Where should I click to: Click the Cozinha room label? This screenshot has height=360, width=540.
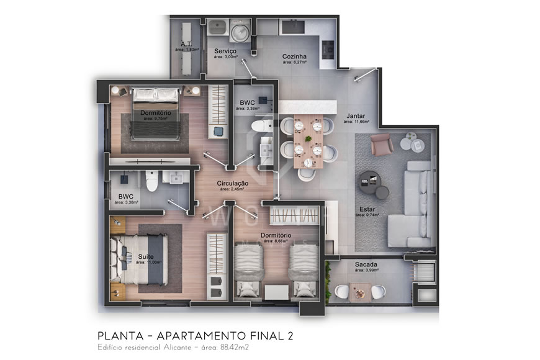pos(295,55)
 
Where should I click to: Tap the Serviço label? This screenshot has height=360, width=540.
pos(224,50)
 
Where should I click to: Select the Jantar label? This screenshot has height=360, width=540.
pos(355,115)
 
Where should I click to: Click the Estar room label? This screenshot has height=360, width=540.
pos(366,209)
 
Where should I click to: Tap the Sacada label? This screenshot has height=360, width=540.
pos(366,264)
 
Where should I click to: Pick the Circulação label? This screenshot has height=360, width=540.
pos(233,183)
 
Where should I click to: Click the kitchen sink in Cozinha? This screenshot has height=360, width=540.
pos(291,26)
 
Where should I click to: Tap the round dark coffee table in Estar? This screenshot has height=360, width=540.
pos(371,182)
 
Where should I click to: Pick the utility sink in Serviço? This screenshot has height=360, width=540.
pos(217,27)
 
